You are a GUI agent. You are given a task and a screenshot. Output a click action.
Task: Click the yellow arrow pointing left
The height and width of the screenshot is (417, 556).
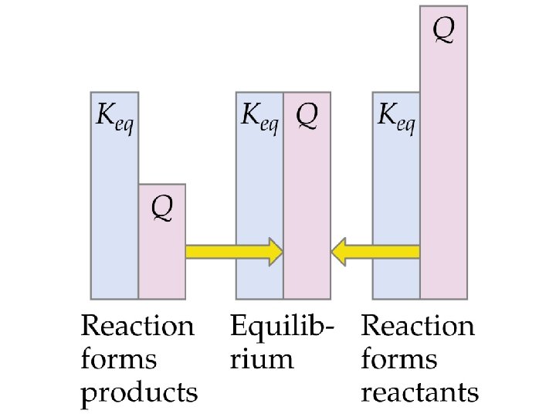[376, 252]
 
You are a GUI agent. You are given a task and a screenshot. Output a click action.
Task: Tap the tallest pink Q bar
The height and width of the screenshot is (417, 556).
[443, 154]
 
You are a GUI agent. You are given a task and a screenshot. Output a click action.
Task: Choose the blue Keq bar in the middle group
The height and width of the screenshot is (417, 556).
[259, 208]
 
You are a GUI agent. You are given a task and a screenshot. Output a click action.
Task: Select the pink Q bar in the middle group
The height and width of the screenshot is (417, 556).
[307, 208]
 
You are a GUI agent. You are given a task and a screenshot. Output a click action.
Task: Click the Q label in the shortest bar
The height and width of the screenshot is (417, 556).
[162, 206]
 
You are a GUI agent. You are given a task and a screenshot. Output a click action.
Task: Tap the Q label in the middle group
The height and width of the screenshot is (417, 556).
[307, 117]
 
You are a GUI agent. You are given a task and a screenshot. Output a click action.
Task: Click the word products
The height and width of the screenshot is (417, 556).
[140, 394]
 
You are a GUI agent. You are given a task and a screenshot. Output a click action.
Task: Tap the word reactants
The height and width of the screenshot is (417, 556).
[420, 394]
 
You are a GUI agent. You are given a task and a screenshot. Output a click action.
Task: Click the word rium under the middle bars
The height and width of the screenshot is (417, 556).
[262, 360]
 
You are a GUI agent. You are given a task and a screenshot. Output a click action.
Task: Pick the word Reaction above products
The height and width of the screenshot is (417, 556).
[138, 326]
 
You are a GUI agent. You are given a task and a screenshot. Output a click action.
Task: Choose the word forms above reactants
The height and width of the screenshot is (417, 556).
[398, 360]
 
